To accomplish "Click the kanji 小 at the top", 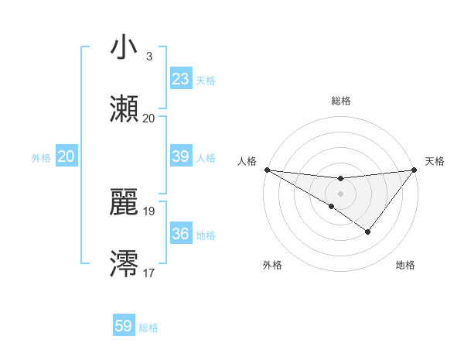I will coord(124,48).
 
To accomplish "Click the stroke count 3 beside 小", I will coord(148,56).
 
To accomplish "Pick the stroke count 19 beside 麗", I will coord(149,211).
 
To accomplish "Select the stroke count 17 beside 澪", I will coord(149,272).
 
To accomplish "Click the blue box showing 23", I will coord(180,79).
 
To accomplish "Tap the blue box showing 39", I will coord(180,156).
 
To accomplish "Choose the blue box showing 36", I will coord(180,234).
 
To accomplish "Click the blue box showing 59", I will coord(124,326).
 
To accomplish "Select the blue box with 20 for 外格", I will coord(67,156).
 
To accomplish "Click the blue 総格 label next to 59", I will coord(148,328).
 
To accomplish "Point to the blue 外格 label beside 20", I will coord(41,158).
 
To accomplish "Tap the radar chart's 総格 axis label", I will coord(340,101).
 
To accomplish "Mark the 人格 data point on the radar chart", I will coord(267,170).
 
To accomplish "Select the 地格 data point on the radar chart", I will coord(368,232).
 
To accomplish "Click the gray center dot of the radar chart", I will coord(340,193).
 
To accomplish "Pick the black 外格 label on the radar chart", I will coord(272,265).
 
